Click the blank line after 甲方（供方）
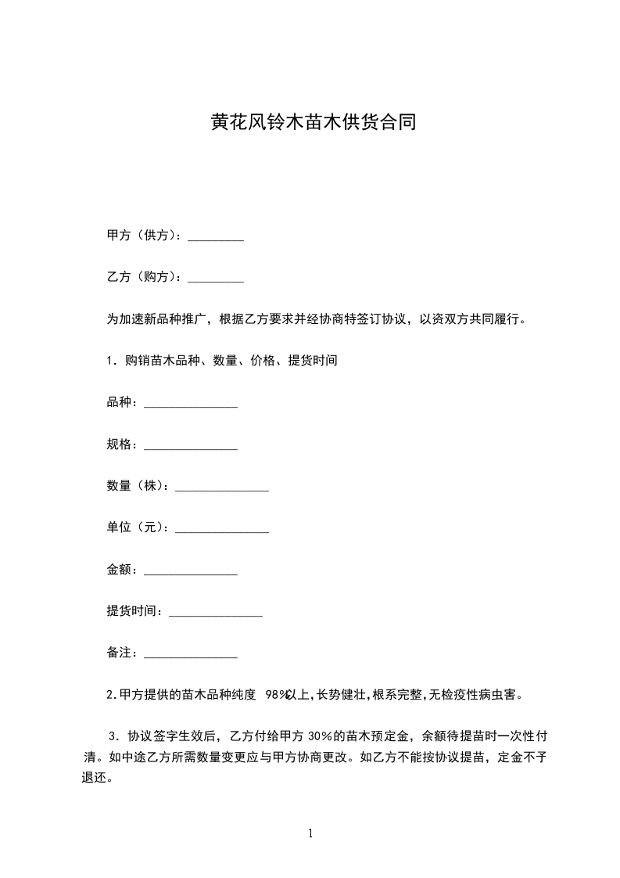[x=217, y=237]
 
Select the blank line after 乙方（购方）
[x=217, y=279]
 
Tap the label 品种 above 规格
[x=121, y=402]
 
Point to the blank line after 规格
[x=191, y=446]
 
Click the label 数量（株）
[x=137, y=486]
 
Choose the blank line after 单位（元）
[x=222, y=530]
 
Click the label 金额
[x=121, y=570]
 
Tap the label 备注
[x=121, y=653]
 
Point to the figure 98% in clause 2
[x=278, y=694]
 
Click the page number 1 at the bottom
[x=310, y=834]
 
